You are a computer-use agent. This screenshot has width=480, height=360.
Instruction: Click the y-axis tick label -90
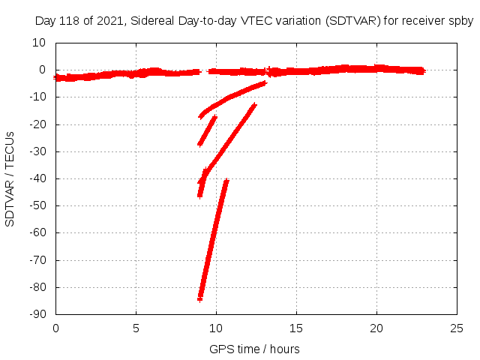click(x=37, y=314)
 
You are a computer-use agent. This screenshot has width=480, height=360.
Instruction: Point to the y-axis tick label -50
click(x=37, y=205)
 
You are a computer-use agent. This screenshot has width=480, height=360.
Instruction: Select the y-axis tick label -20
click(x=37, y=124)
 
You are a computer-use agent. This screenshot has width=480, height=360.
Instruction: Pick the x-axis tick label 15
click(x=297, y=328)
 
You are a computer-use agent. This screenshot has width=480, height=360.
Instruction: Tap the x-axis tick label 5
click(x=136, y=328)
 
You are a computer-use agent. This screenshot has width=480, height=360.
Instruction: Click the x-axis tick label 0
click(x=56, y=328)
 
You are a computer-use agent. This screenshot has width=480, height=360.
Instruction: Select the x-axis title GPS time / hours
click(x=254, y=349)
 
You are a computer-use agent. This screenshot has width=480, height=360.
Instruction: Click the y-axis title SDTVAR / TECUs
click(x=10, y=178)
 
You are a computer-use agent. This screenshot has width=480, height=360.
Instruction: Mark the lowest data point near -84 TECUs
click(x=200, y=298)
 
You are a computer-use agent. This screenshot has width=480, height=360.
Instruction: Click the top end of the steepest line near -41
click(x=226, y=181)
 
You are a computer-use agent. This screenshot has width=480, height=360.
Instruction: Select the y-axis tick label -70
click(x=37, y=260)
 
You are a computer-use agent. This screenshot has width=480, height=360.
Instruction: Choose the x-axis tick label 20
click(x=377, y=328)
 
